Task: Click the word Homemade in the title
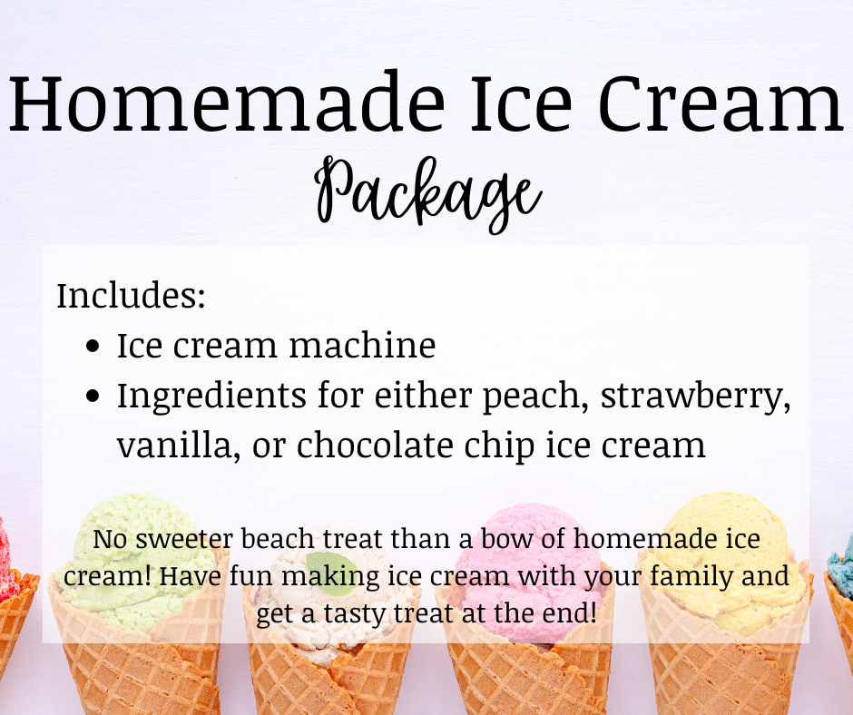click(x=226, y=102)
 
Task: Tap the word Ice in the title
click(x=521, y=102)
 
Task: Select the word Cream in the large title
click(x=721, y=102)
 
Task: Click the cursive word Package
click(x=427, y=193)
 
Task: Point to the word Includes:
click(x=131, y=296)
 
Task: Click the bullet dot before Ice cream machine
click(x=93, y=346)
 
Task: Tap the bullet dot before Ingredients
click(x=93, y=396)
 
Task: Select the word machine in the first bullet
click(x=362, y=345)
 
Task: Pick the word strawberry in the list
click(x=696, y=397)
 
